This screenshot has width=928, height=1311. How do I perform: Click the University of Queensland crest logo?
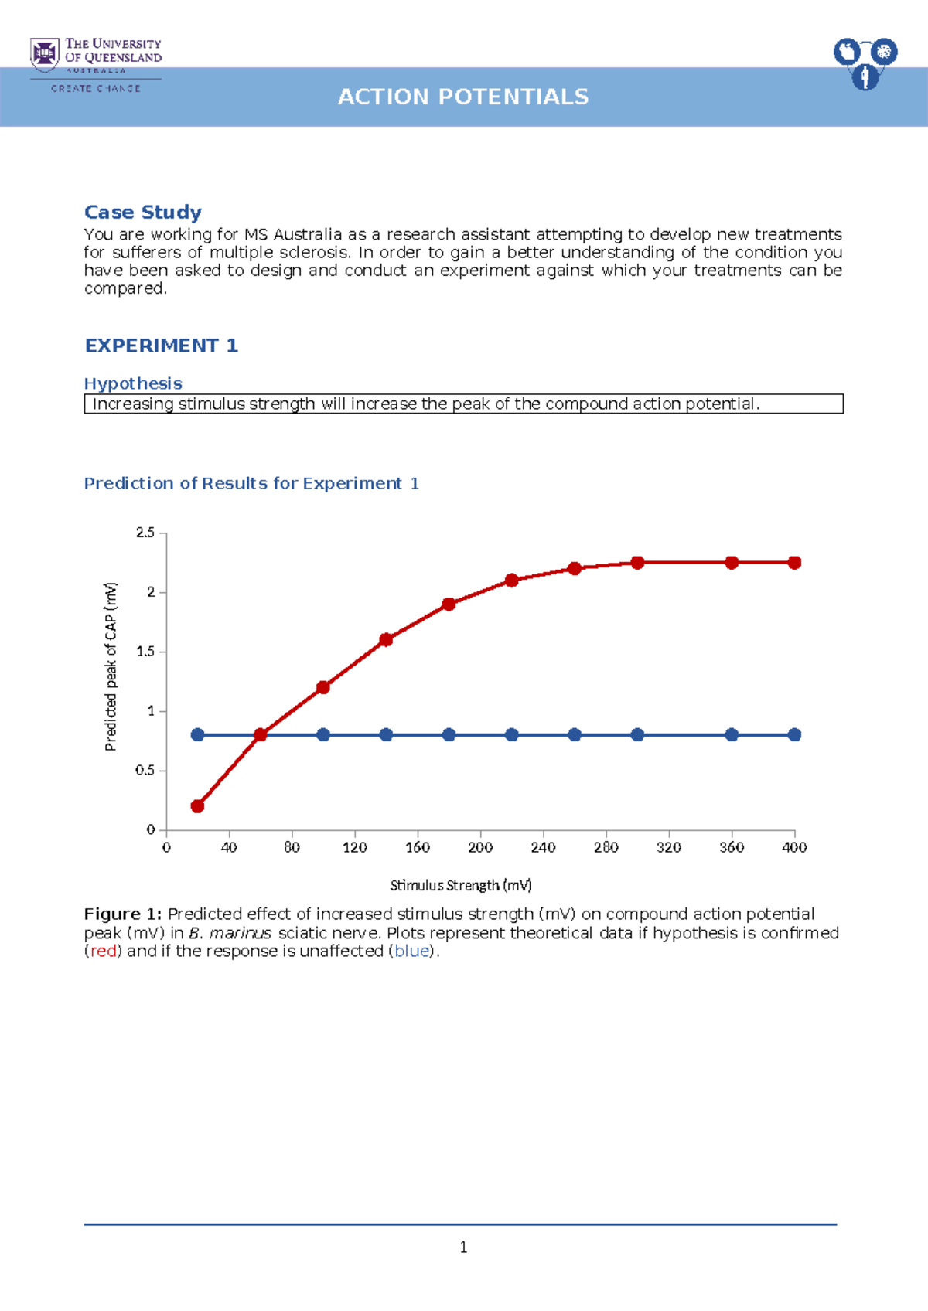point(45,55)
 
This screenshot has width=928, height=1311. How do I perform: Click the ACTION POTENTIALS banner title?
point(463,97)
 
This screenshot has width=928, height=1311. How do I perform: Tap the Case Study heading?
point(143,212)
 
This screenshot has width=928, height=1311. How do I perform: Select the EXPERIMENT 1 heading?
point(161,346)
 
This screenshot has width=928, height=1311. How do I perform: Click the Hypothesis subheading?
point(133,383)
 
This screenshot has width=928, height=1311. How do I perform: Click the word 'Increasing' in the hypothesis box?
point(133,404)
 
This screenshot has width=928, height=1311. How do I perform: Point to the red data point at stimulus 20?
point(197,806)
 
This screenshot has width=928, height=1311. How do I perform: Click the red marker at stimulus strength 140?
point(386,639)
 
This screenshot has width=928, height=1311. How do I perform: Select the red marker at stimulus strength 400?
point(794,563)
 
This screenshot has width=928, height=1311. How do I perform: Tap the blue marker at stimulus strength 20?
point(197,735)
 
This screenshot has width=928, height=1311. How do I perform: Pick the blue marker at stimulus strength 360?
point(732,735)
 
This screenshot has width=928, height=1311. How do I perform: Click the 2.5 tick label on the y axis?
point(145,533)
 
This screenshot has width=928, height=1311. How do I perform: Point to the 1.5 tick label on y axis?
point(145,652)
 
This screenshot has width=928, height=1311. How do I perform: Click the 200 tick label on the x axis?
point(480,847)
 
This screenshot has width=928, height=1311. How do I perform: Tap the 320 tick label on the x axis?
point(669,847)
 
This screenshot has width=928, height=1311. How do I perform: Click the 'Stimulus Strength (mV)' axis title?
point(461,885)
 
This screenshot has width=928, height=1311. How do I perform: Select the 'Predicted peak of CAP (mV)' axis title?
point(111,666)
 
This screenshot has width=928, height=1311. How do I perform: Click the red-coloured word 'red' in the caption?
point(104,952)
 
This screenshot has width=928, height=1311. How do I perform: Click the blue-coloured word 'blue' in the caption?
point(411,952)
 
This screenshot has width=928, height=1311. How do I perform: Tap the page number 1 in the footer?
point(463,1247)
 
